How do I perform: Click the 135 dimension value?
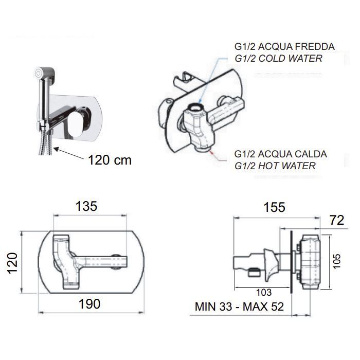[86, 206]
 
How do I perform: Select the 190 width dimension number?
[89, 304]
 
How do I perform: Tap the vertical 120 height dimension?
[12, 263]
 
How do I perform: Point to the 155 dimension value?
[274, 207]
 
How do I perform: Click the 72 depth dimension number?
[337, 220]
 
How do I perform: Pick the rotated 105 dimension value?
[336, 261]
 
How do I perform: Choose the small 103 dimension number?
[264, 292]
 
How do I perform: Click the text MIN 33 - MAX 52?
[239, 307]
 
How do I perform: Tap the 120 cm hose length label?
[110, 160]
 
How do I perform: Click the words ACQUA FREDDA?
[296, 47]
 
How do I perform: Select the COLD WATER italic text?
[291, 58]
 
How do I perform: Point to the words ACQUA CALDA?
[293, 154]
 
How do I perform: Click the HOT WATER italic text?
[287, 166]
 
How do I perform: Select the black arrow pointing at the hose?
[69, 153]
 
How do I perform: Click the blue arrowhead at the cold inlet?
[200, 101]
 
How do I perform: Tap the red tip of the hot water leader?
[212, 152]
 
